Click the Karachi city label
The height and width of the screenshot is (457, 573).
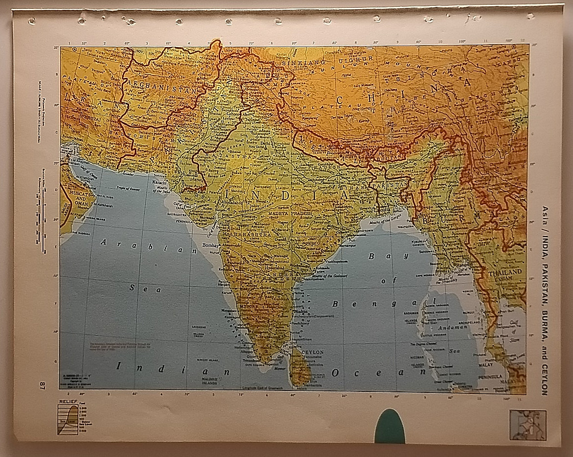point(160,182)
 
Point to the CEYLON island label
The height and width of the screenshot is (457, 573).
point(313,352)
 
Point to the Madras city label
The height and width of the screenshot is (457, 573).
point(301,311)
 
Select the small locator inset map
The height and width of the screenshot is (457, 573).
point(527,425)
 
